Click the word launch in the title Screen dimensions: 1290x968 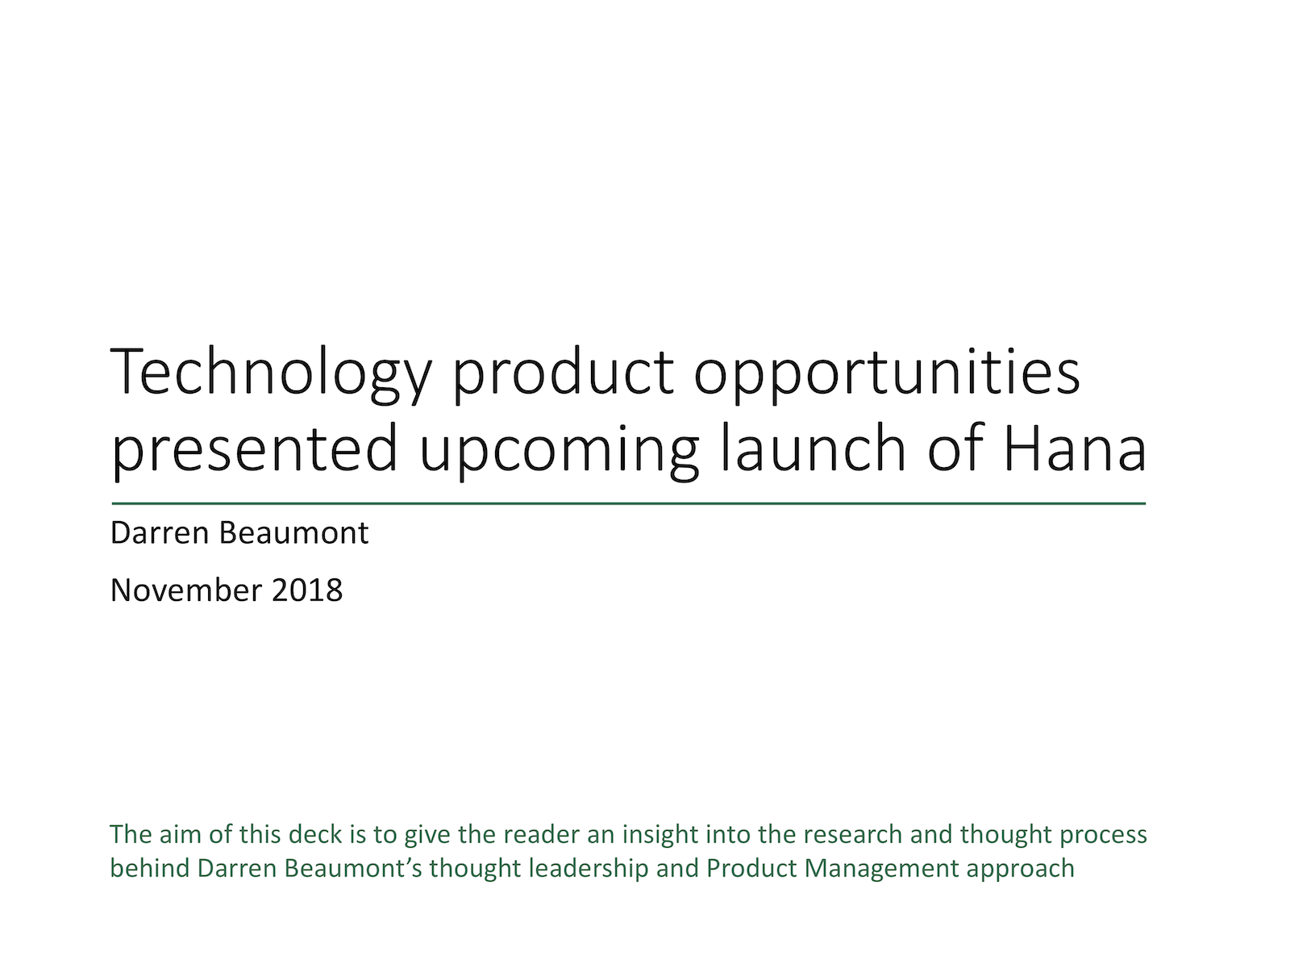pyautogui.click(x=814, y=448)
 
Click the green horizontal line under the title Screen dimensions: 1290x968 pyautogui.click(x=629, y=503)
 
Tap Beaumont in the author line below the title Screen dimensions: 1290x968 pyautogui.click(x=293, y=533)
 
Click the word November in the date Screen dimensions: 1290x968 pyautogui.click(x=186, y=590)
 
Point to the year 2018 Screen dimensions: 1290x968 pyautogui.click(x=307, y=590)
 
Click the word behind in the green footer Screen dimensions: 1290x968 pyautogui.click(x=150, y=869)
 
